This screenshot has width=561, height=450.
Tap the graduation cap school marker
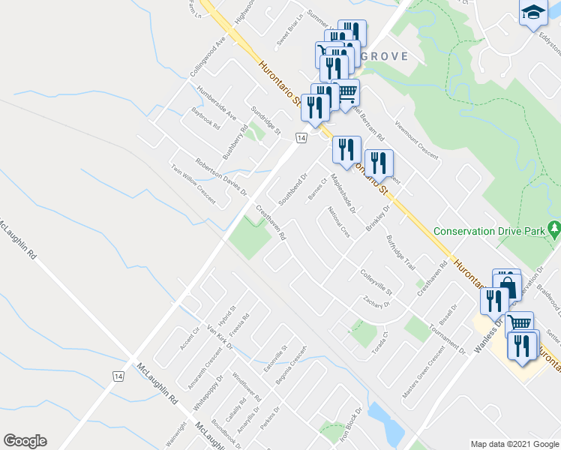pos(533,13)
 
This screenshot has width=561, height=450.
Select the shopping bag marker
pos(508,285)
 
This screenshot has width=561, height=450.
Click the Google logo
pos(25,441)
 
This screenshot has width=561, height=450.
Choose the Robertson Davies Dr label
pos(220,177)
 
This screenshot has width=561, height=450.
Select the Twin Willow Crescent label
pos(193,184)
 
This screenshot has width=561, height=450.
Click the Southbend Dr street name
pos(293,190)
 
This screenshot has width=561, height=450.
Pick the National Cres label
pos(339,223)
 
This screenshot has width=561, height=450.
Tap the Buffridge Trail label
pos(400,253)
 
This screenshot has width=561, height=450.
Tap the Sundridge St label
pos(265,120)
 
